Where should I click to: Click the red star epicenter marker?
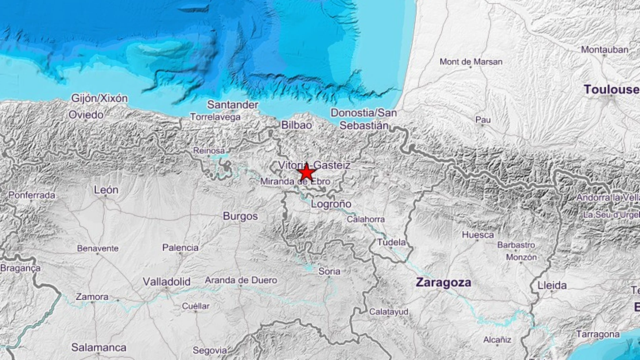pos(307,173)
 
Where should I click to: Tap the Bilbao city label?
pos(296,125)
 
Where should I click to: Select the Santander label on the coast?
pos(232,105)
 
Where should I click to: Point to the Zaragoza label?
pos(443,283)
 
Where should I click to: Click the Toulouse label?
pos(611,90)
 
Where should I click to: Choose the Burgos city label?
pos(240,216)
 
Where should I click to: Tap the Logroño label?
pos(331,204)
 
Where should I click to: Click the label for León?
pos(106,190)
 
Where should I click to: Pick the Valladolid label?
pos(166,282)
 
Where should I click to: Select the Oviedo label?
pos(86,115)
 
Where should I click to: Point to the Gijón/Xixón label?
pos(99,98)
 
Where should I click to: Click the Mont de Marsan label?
pos(471,62)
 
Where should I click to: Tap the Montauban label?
pos(604,50)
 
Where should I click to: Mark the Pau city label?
pos(483,120)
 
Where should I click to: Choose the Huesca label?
pos(478,235)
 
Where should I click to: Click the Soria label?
pos(329,271)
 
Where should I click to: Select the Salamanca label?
pos(99,348)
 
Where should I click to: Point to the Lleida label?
pos(552,286)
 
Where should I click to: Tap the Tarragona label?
pos(598,334)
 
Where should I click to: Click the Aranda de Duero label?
pos(241,280)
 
